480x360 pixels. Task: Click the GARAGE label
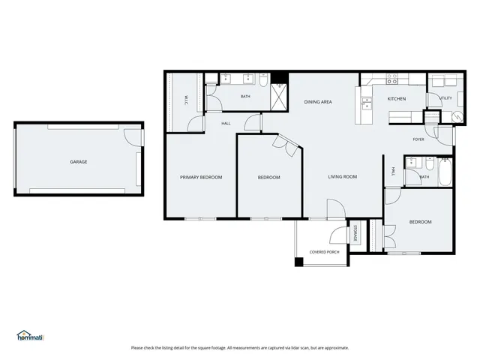79,162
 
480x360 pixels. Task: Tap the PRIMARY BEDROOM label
201,177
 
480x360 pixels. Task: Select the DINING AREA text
318,101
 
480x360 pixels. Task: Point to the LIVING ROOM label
342,177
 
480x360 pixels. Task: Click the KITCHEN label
397,98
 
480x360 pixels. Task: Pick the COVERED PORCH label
325,252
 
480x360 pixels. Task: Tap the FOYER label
418,139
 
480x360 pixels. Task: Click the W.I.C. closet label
186,98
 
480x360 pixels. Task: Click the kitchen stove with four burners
392,78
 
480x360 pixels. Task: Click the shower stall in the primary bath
279,97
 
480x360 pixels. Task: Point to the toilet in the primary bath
263,80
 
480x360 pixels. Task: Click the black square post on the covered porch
299,262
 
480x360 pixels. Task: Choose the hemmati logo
30,336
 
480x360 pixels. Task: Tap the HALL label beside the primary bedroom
225,124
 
